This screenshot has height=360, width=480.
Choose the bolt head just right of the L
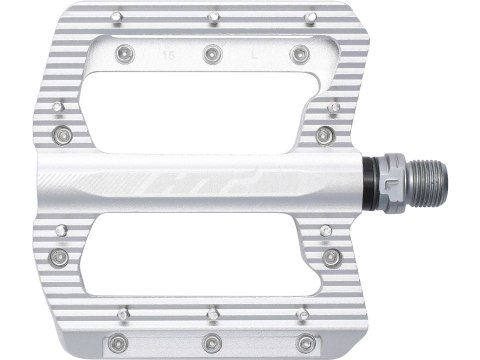(x=298, y=55)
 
